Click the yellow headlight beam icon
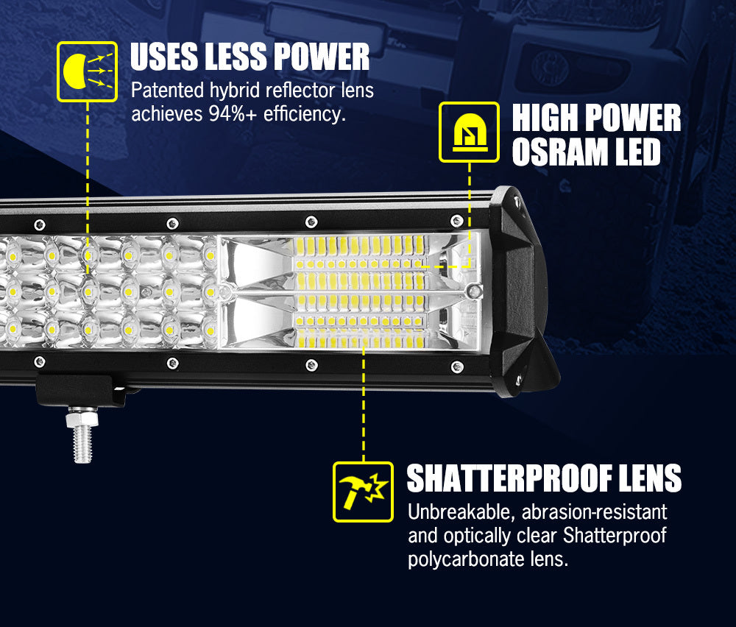(87, 71)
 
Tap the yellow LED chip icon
(469, 132)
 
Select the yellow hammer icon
(362, 491)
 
